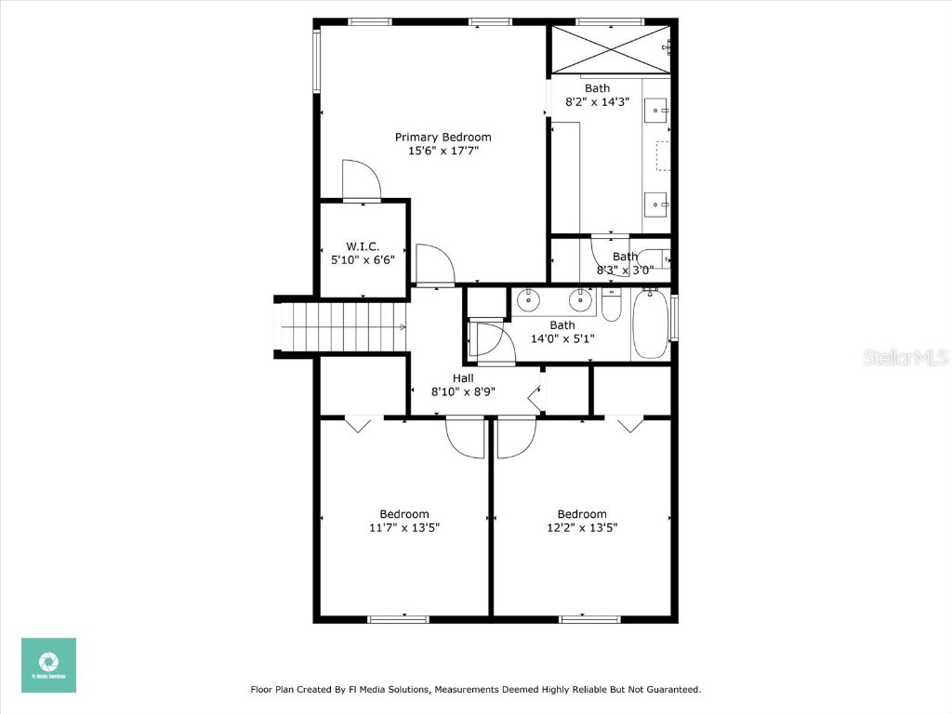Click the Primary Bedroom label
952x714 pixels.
pos(443,137)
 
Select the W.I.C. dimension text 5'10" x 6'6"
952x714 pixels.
pos(364,260)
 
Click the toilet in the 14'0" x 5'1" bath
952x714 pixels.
pos(611,304)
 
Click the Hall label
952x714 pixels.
pos(463,378)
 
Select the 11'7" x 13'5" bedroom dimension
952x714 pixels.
pos(403,527)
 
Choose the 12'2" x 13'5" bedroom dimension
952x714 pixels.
pos(582,527)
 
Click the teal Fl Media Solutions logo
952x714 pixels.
pos(48,665)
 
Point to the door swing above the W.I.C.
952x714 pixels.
pos(361,179)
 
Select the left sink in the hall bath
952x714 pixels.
pos(528,300)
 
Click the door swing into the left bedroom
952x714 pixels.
pos(465,437)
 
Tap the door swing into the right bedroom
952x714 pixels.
pos(516,438)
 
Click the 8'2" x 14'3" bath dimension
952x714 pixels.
pos(598,102)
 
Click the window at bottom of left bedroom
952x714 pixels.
pos(398,618)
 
